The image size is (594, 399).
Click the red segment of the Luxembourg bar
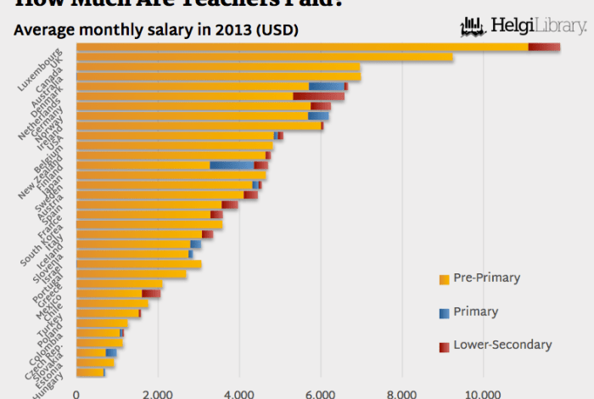click(543, 47)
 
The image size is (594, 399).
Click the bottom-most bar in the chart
click(90, 373)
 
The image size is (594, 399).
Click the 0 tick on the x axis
click(76, 393)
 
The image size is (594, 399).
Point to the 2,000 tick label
click(158, 393)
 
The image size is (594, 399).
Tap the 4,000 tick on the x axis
click(239, 393)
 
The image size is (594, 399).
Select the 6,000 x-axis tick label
click(321, 393)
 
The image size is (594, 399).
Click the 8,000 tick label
click(401, 393)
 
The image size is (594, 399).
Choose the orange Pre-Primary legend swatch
click(444, 279)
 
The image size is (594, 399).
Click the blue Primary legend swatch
click(444, 313)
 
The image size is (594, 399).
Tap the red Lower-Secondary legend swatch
click(444, 346)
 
